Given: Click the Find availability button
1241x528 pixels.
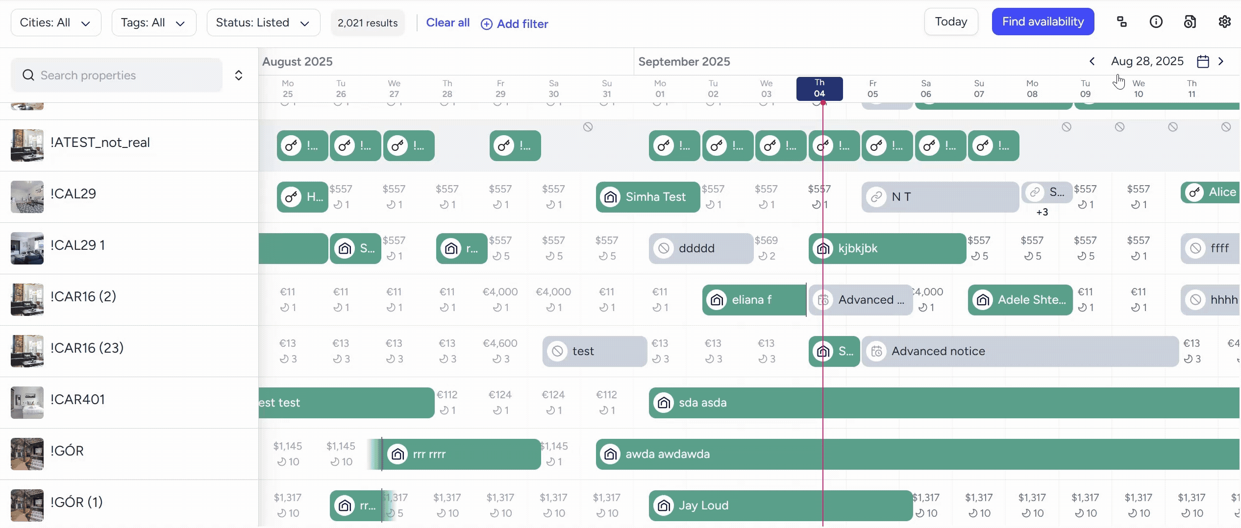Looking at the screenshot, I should point(1042,22).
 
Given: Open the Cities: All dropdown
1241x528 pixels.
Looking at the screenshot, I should point(55,23).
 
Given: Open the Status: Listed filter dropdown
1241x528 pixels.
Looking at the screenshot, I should point(263,23).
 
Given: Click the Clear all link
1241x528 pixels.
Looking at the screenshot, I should point(447,23).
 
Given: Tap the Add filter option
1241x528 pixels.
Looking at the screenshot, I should point(514,24).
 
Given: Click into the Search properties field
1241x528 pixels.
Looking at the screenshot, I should point(118,75).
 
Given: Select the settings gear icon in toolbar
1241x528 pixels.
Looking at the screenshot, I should point(1224,22).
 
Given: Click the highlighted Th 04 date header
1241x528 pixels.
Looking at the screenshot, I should point(819,89).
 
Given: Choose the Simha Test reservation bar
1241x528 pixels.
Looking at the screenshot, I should point(647,197).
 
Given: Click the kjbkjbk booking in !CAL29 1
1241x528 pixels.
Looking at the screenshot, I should point(887,248).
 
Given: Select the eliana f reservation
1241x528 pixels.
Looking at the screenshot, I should point(753,300).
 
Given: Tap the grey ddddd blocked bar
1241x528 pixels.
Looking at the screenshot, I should point(700,248).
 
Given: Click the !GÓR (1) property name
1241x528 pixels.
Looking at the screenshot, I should point(76,502).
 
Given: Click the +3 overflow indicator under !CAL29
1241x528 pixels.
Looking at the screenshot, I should point(1042,212).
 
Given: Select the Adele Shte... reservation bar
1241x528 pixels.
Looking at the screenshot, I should point(1020,300).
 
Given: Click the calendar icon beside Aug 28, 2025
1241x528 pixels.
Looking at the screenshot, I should point(1203,61).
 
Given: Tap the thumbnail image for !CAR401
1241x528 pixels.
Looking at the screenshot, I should point(27,403).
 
